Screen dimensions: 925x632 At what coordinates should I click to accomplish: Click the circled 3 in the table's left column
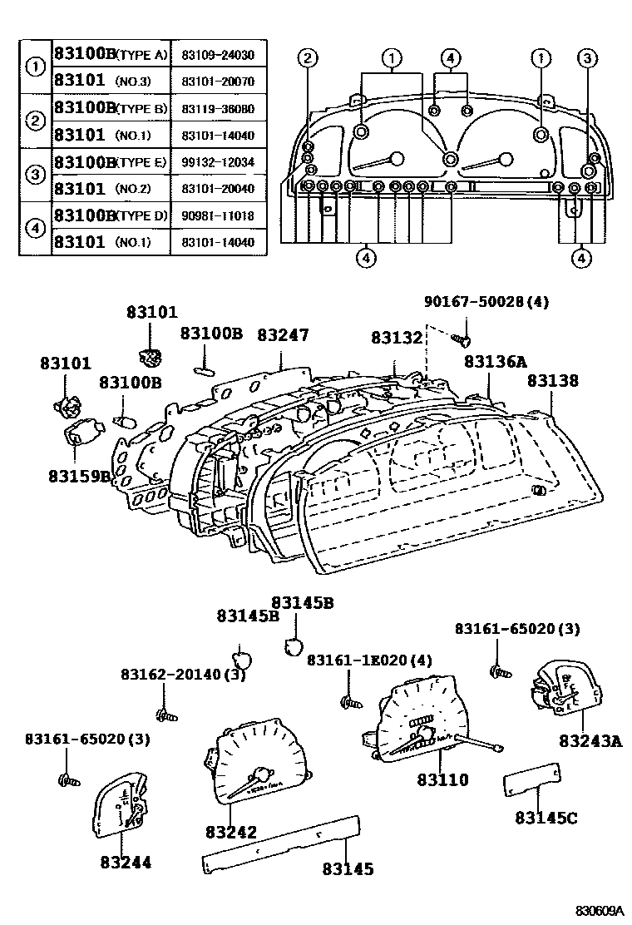(x=35, y=174)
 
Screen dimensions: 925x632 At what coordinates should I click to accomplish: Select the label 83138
(x=553, y=381)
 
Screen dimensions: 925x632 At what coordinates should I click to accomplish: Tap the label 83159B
(x=79, y=476)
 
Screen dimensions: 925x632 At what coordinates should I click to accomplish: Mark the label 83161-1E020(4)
(x=370, y=660)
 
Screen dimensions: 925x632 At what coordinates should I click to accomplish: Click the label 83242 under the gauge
(x=230, y=832)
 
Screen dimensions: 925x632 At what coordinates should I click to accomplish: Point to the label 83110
(x=443, y=780)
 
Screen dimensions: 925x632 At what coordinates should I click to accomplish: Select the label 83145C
(x=546, y=818)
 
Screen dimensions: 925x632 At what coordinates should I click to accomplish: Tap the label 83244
(x=126, y=863)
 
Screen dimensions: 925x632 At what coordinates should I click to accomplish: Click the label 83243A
(x=590, y=740)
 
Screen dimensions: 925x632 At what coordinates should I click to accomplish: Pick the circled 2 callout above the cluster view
(x=308, y=57)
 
